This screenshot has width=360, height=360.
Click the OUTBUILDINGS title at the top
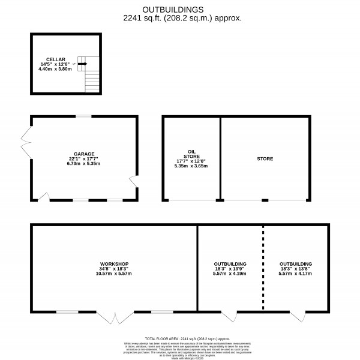(179, 10)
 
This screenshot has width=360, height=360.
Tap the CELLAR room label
(55, 59)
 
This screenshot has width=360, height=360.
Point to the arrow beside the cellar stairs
(82, 64)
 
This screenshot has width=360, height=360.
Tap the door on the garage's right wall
(133, 179)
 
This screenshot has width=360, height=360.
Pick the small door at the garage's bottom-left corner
(44, 196)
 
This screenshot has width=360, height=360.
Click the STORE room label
(265, 159)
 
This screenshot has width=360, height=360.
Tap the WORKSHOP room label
(114, 264)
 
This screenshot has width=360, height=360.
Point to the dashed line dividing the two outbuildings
(263, 268)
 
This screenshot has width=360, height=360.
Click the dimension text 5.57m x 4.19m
(230, 274)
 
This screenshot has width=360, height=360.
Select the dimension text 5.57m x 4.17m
(295, 274)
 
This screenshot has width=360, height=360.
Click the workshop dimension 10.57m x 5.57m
(114, 274)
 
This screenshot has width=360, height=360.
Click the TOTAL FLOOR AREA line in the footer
(179, 339)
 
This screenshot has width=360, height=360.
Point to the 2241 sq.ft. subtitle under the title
(179, 19)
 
